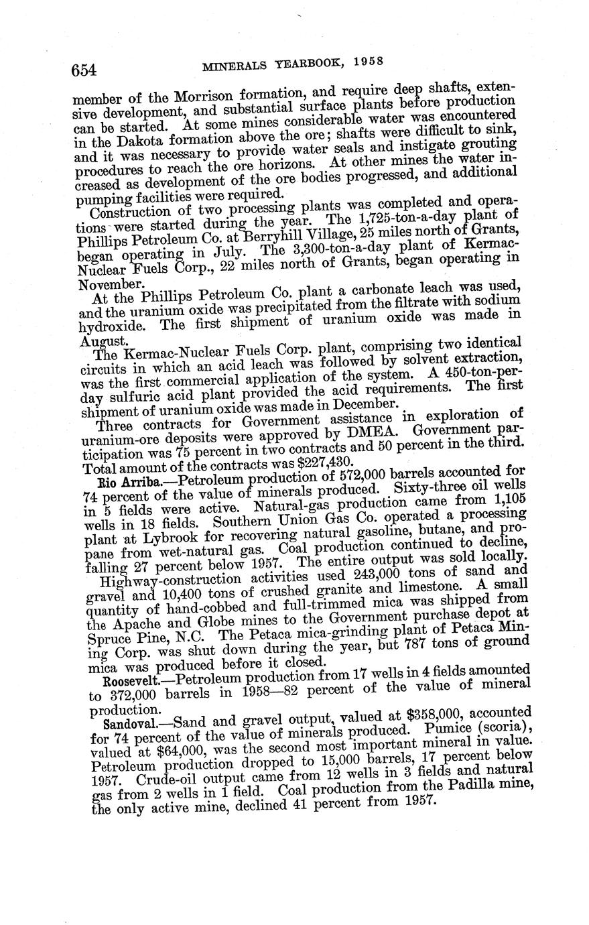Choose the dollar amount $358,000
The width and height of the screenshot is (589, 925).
coord(391,720)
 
